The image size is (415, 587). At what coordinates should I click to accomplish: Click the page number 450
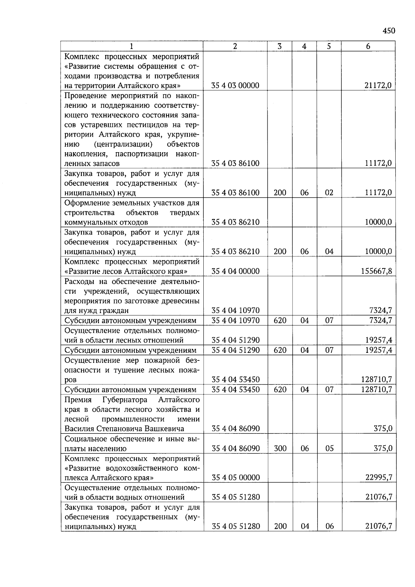tap(389, 31)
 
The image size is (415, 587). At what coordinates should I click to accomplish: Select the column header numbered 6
tap(368, 46)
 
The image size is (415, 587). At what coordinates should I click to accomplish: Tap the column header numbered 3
tap(279, 46)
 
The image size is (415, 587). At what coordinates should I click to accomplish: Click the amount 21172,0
tap(378, 85)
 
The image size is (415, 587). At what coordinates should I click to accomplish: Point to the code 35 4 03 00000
tap(235, 85)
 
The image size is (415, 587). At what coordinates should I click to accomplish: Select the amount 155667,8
tap(377, 271)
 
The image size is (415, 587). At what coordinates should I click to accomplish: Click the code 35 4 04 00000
tap(235, 271)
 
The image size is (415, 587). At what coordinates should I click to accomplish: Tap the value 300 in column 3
tap(280, 449)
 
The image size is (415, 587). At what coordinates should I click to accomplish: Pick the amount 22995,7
tap(379, 478)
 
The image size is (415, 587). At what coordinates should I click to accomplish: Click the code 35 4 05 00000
tap(236, 478)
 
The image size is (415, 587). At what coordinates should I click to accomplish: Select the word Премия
tap(78, 400)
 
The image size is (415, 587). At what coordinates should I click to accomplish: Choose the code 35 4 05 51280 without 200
tap(236, 497)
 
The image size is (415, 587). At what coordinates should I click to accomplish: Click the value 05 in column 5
tap(329, 449)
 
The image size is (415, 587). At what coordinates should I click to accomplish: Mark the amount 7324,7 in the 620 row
tap(380, 320)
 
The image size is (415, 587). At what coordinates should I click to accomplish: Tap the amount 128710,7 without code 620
tap(377, 380)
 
